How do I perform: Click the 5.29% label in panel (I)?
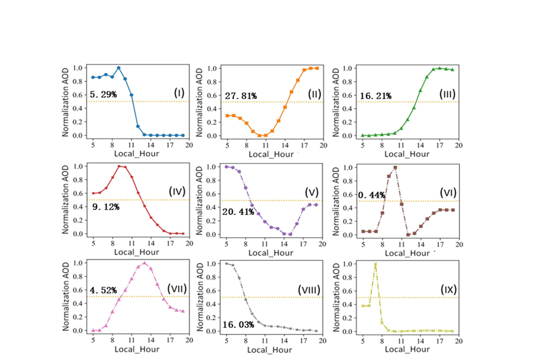103,94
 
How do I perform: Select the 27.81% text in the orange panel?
241,96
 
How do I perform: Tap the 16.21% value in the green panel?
375,96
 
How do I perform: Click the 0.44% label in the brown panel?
371,195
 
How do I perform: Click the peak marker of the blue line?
119,68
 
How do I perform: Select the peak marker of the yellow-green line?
376,264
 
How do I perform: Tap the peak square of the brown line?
395,167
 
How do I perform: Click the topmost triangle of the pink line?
145,263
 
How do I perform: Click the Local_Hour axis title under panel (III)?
407,154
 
